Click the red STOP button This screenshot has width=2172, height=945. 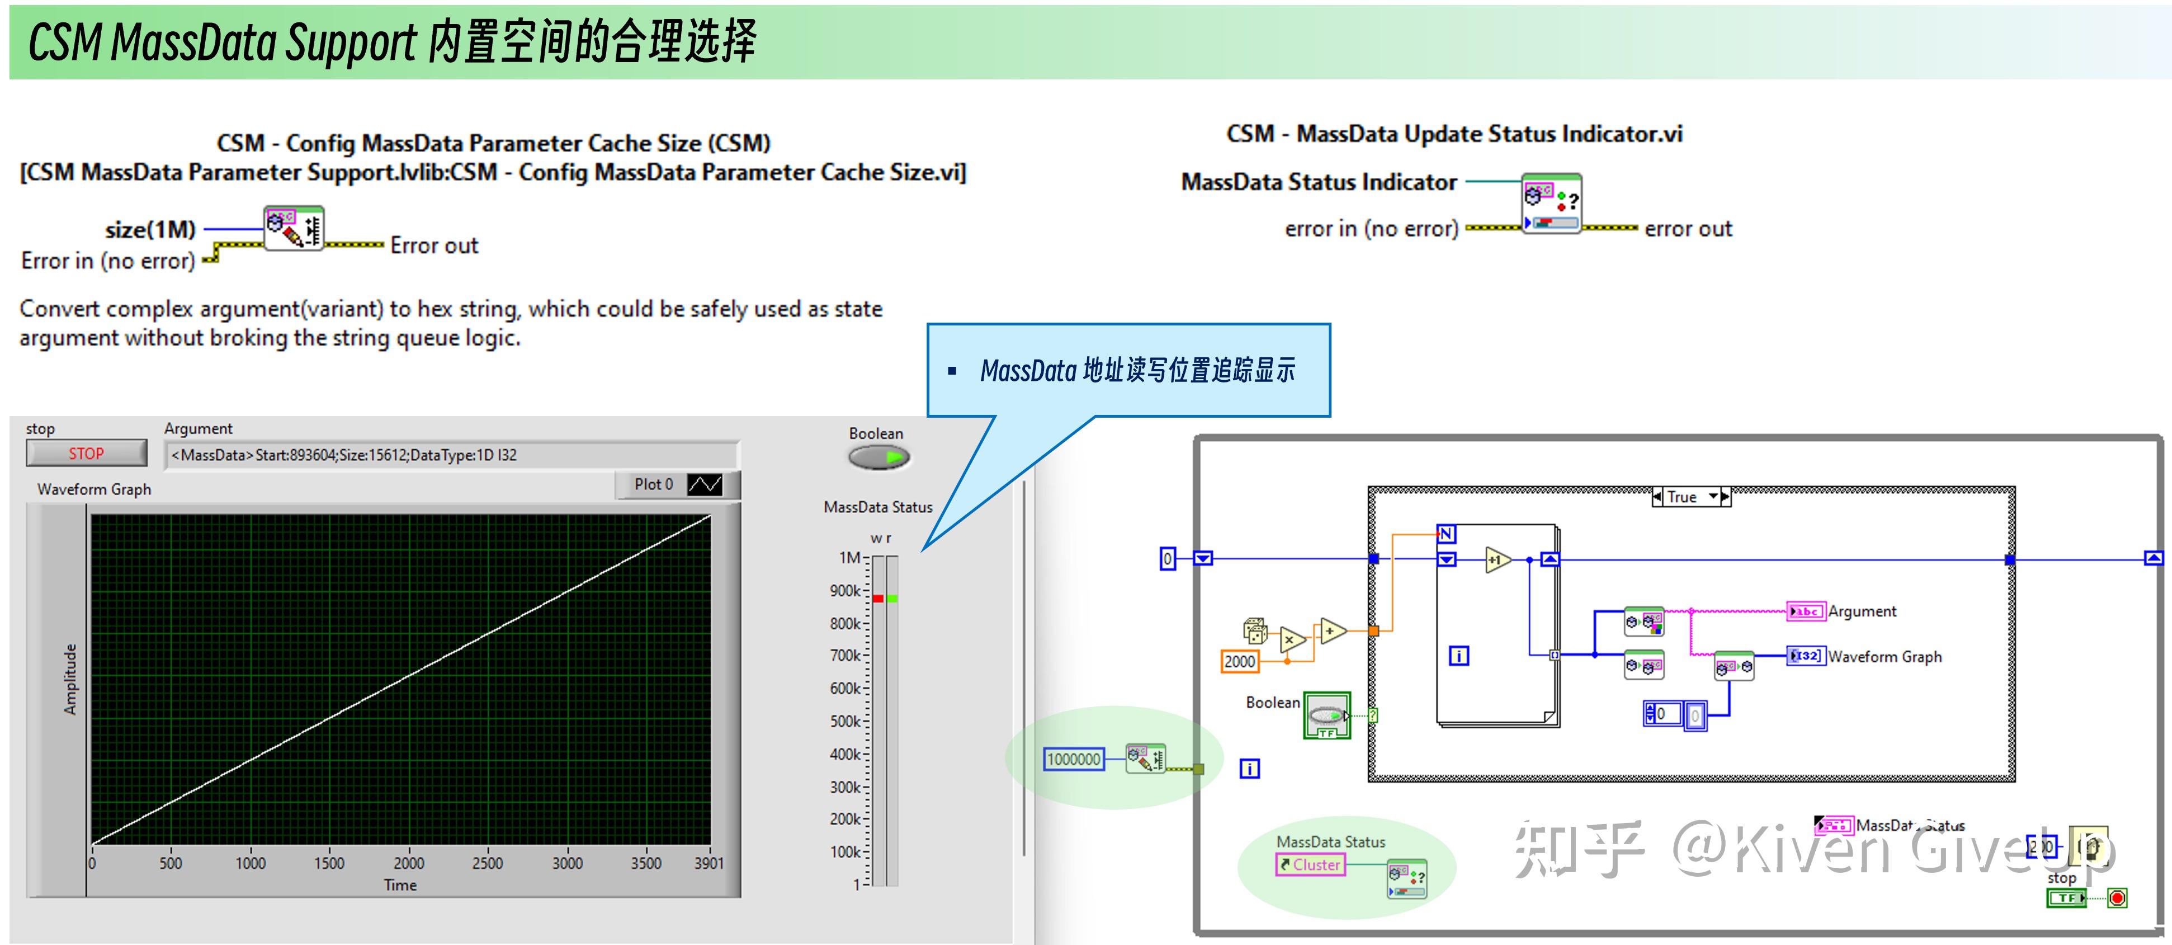coord(86,453)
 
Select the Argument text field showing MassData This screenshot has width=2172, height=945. coord(451,455)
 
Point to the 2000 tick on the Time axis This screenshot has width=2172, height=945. coord(409,862)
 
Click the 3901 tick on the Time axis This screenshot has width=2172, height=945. coord(709,862)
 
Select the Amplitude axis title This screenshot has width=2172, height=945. coord(70,679)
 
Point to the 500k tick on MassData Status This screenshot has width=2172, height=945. coord(846,721)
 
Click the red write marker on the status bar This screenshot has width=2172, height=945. coord(878,598)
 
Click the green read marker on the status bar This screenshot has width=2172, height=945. coord(892,598)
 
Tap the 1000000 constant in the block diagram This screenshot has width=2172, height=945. coord(1073,759)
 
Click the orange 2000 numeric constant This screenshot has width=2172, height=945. coord(1239,661)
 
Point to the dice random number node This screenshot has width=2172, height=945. coord(1255,629)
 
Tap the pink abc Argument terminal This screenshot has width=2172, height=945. coord(1805,611)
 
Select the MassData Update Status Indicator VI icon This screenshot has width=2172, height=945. coord(1551,203)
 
